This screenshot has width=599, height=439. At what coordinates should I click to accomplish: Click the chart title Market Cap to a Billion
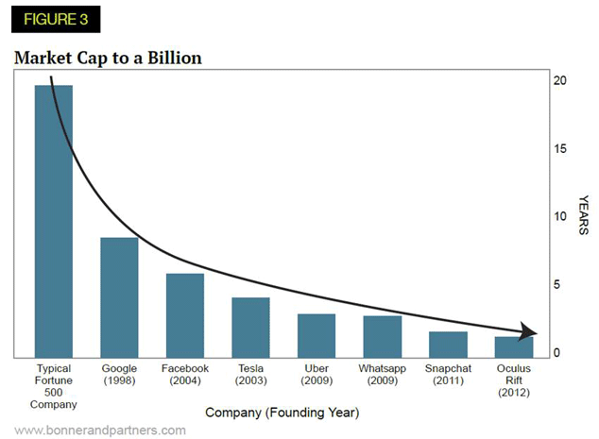(x=108, y=59)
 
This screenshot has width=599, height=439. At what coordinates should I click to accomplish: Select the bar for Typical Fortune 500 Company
(x=53, y=221)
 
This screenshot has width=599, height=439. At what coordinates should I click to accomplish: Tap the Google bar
(x=119, y=297)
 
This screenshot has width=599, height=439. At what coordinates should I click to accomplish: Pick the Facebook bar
(x=185, y=315)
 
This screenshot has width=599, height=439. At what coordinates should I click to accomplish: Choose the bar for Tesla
(x=250, y=327)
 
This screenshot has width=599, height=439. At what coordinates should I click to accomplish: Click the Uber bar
(x=317, y=335)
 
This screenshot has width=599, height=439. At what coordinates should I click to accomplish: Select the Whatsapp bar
(x=382, y=336)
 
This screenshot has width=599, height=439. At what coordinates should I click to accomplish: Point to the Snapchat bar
(x=448, y=344)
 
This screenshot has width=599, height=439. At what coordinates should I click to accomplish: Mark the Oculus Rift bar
(x=513, y=346)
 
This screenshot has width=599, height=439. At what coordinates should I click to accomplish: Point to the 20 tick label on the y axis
(x=560, y=81)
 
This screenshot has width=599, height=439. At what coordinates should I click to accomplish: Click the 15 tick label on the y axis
(x=560, y=149)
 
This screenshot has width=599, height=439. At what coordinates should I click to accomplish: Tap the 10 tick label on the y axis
(x=560, y=217)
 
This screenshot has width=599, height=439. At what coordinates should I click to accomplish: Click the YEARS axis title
(x=584, y=215)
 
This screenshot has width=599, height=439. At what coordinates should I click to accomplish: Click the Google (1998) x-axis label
(x=119, y=374)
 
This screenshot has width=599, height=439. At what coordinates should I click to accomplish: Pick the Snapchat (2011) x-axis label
(x=448, y=374)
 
